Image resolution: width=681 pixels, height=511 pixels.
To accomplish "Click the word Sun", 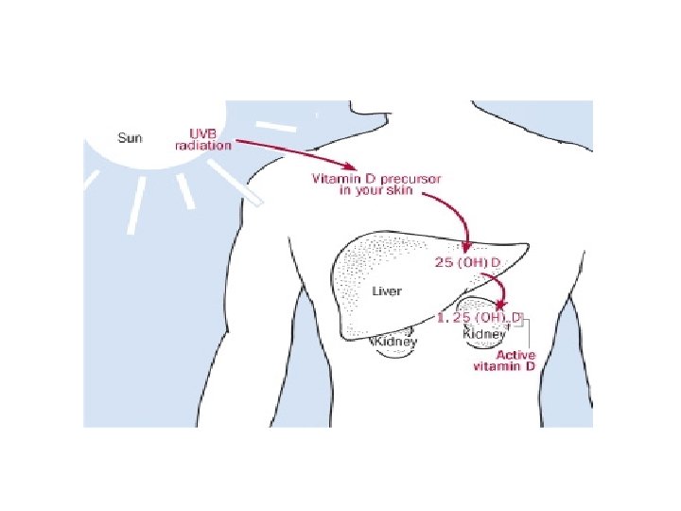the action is coord(131,138).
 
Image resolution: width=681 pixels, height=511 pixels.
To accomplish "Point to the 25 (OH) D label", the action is coord(467,262).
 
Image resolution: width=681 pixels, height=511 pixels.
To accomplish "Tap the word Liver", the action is coord(386,291).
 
